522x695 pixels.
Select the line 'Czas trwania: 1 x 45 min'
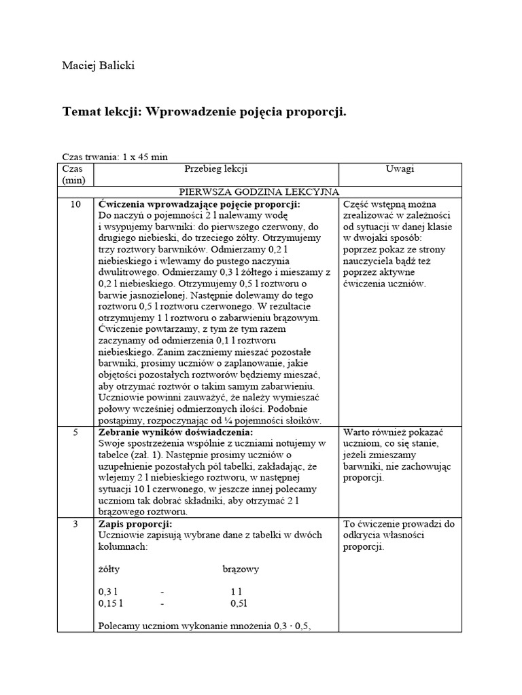114,157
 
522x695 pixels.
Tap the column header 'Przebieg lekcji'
215,169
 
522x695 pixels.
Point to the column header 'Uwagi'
400,169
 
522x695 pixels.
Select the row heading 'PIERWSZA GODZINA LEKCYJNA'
258,192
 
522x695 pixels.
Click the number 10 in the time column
76,204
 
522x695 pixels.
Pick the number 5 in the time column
76,432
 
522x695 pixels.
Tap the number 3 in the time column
76,524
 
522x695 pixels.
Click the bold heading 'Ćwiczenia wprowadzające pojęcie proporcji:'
199,204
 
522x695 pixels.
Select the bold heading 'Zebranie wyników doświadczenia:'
175,432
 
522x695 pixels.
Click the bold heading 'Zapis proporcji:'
135,524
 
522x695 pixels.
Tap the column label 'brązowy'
241,569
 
